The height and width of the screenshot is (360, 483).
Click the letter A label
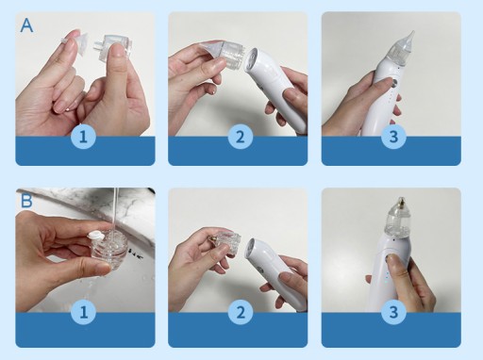26,25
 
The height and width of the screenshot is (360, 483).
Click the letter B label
26,201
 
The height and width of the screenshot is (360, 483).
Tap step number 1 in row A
83,137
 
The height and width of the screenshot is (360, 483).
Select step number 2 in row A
241,137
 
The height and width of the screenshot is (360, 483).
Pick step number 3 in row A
393,137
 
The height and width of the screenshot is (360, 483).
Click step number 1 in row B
83,312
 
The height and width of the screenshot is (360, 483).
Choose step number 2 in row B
241,312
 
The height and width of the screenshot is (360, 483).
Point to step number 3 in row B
393,312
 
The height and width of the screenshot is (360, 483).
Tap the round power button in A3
393,83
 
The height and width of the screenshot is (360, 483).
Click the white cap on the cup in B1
96,236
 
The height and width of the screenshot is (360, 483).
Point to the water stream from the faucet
115,209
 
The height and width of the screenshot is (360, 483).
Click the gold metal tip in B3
401,203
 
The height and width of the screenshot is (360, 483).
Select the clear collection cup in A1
113,45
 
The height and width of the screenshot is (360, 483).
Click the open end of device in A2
253,59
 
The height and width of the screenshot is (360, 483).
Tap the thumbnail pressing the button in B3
390,258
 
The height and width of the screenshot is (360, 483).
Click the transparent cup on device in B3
398,220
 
